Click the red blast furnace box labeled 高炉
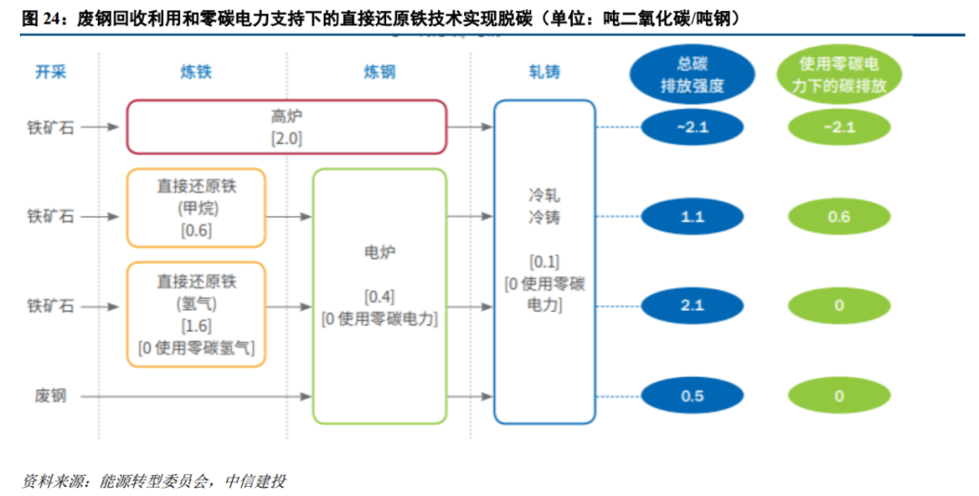(x=286, y=127)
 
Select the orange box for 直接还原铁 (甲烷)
(x=196, y=208)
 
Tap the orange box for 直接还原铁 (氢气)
(x=196, y=314)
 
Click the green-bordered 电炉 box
(x=380, y=296)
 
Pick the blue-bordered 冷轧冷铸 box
(x=544, y=261)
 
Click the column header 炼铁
(x=196, y=73)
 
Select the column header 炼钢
(x=379, y=73)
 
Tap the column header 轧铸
(x=544, y=73)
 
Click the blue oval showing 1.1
(x=693, y=218)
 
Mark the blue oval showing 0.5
(x=693, y=396)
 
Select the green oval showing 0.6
(x=839, y=218)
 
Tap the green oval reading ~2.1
(x=839, y=127)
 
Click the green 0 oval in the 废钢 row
(x=839, y=396)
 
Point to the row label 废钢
(x=51, y=396)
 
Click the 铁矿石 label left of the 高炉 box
(x=51, y=128)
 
